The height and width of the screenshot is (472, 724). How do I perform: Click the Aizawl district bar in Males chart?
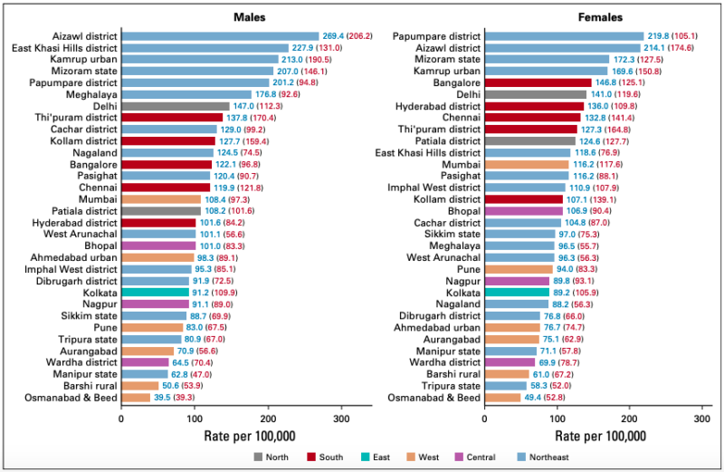click(x=220, y=36)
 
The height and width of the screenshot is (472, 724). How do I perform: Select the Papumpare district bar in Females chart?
click(x=564, y=36)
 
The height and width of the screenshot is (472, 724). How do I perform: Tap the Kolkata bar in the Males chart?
click(x=155, y=292)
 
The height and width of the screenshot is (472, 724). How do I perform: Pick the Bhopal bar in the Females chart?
click(x=524, y=211)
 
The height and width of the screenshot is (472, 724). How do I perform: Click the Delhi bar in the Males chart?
click(x=175, y=106)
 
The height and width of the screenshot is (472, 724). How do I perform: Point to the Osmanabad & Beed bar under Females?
click(x=502, y=397)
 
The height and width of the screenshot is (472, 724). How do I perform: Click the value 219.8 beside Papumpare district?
click(x=662, y=36)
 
